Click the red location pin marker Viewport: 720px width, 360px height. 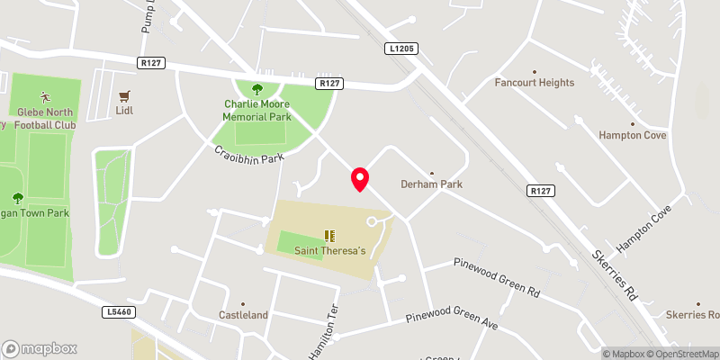pos(360,179)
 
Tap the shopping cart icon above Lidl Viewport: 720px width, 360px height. pos(125,94)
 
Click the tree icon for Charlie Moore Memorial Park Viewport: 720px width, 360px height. pos(257,88)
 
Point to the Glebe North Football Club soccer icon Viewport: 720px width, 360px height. pos(45,96)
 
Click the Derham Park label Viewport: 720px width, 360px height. pos(432,184)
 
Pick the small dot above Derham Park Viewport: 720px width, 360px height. pos(431,173)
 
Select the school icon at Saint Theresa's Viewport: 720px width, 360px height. pos(330,236)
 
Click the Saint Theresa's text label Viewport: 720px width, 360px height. pos(330,251)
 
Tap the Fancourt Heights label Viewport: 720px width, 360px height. pos(535,83)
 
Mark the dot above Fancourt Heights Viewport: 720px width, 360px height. pos(535,71)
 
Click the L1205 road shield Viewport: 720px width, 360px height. pos(403,48)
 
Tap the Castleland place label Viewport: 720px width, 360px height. pos(244,316)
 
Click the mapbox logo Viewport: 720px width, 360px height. pos(40,348)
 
